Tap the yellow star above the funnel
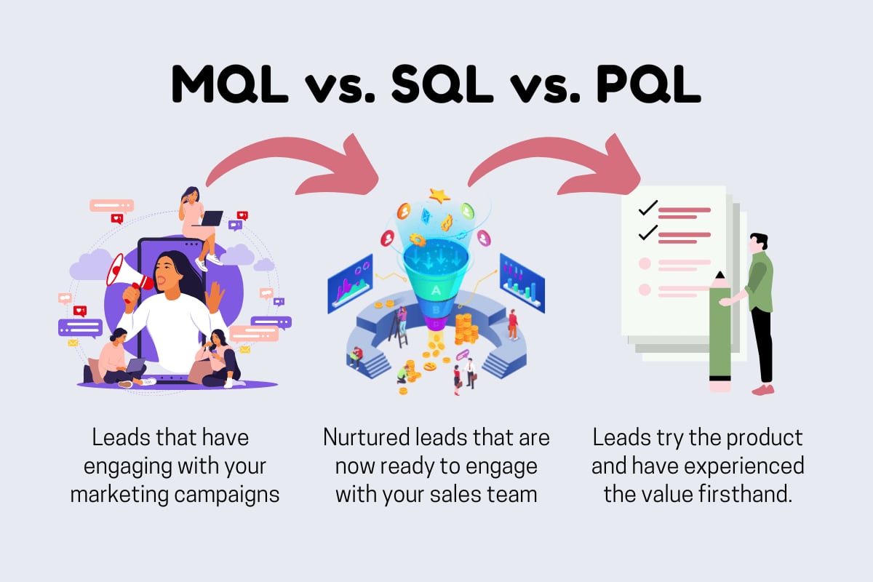point(439,195)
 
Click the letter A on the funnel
point(436,290)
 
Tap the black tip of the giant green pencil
point(719,276)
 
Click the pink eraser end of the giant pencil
point(719,385)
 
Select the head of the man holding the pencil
point(757,242)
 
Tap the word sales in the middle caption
point(461,494)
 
